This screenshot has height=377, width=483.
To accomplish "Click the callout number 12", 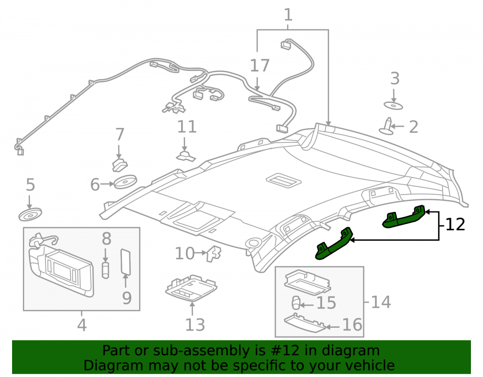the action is (455, 224).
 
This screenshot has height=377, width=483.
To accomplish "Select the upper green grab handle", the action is (403, 217).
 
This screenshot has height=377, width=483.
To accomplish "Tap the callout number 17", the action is (260, 66).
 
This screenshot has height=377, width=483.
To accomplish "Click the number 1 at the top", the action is (288, 15).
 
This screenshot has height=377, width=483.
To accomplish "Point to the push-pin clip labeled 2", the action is (387, 126).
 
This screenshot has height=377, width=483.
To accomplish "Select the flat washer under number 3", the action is (393, 106).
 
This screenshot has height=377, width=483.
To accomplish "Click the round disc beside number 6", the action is (125, 182).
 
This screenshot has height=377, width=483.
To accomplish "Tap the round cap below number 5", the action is (30, 214).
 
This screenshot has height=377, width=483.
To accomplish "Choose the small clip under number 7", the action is (119, 165).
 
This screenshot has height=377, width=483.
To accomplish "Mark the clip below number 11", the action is (186, 156).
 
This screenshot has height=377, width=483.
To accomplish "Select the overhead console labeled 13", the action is (191, 288).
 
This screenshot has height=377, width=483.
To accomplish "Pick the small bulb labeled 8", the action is (105, 270).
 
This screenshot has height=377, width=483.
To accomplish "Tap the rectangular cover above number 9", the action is (126, 262).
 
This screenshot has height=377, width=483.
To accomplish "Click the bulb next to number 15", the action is (296, 303).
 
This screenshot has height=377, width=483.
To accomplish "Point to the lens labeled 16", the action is (304, 323).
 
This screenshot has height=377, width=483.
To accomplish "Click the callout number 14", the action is (381, 302).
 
